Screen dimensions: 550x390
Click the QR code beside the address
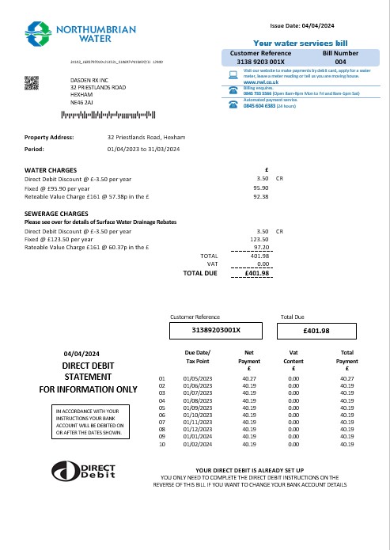point(32,82)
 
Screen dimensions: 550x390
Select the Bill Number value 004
point(340,61)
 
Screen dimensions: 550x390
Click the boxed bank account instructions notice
point(88,422)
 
